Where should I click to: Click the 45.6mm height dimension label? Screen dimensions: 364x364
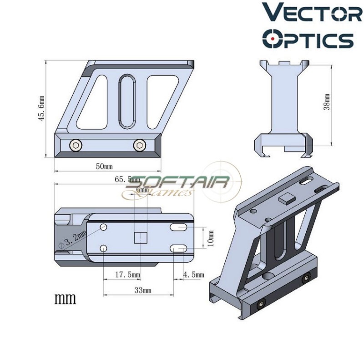tap(41, 108)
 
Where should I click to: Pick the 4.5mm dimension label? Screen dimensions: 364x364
tap(192, 275)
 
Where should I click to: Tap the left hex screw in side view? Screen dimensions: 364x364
tap(76, 145)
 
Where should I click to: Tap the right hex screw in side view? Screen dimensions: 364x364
tap(138, 145)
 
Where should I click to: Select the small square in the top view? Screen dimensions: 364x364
tap(141, 238)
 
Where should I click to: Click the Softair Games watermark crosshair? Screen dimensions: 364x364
tap(219, 182)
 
